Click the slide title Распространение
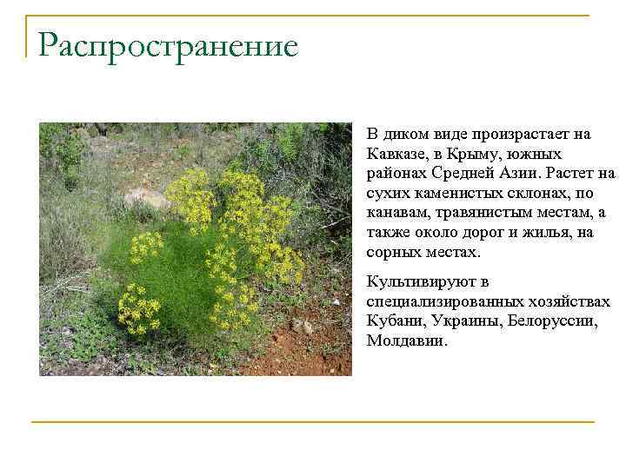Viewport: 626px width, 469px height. [x=168, y=45]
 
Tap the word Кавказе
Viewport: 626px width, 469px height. [x=396, y=154]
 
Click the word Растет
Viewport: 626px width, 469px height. [x=570, y=173]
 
